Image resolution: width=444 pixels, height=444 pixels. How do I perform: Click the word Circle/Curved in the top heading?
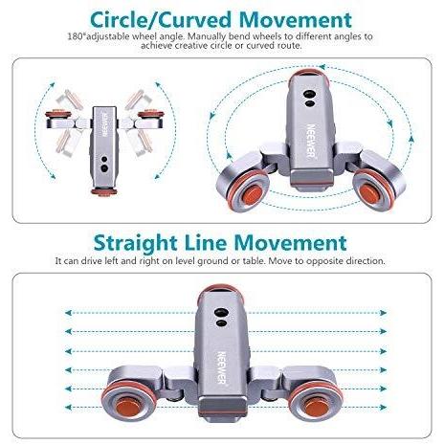(x=161, y=20)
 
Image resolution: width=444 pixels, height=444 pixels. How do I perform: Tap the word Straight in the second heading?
(x=136, y=244)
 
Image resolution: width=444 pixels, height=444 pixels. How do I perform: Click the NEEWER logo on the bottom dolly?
(x=222, y=367)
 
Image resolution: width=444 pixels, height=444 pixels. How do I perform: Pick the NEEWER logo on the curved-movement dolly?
(x=311, y=141)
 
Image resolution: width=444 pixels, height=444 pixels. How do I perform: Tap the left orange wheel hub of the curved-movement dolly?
(x=252, y=194)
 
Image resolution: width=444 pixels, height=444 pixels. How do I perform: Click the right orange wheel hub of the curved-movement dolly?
(x=368, y=192)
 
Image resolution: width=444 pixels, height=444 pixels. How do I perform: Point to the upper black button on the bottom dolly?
(x=220, y=312)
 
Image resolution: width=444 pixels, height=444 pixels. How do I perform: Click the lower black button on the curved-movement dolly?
(x=309, y=103)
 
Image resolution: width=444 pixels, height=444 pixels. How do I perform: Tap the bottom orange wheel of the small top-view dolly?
(x=103, y=191)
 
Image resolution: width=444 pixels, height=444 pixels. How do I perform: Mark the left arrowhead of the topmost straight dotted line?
(x=68, y=313)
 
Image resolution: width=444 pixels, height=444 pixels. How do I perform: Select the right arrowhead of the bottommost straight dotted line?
(x=384, y=408)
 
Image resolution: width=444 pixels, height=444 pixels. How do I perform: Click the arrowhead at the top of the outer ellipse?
(x=322, y=67)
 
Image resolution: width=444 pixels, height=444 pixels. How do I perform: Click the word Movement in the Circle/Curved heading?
(x=296, y=20)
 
